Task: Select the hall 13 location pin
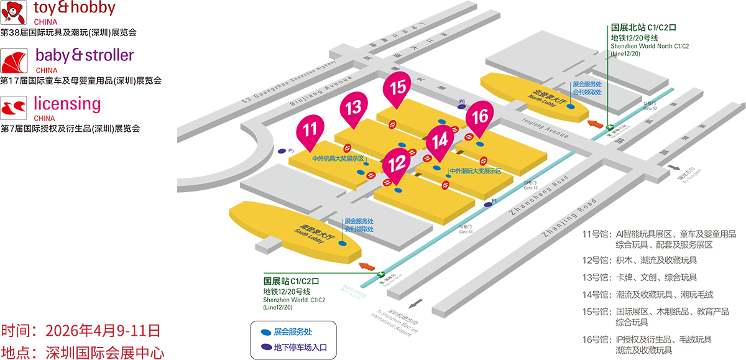(353, 108)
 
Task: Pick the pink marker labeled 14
(440, 140)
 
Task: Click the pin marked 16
(480, 116)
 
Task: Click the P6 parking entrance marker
(461, 106)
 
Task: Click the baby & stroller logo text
(85, 55)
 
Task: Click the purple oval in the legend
(266, 348)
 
